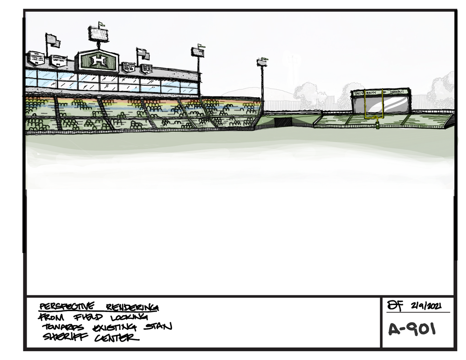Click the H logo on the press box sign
click(98, 61)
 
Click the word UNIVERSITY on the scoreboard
click(366, 93)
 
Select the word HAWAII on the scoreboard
click(399, 93)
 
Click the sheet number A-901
click(412, 329)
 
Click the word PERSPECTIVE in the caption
click(67, 307)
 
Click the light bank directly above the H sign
click(98, 34)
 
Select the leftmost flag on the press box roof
click(53, 41)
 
